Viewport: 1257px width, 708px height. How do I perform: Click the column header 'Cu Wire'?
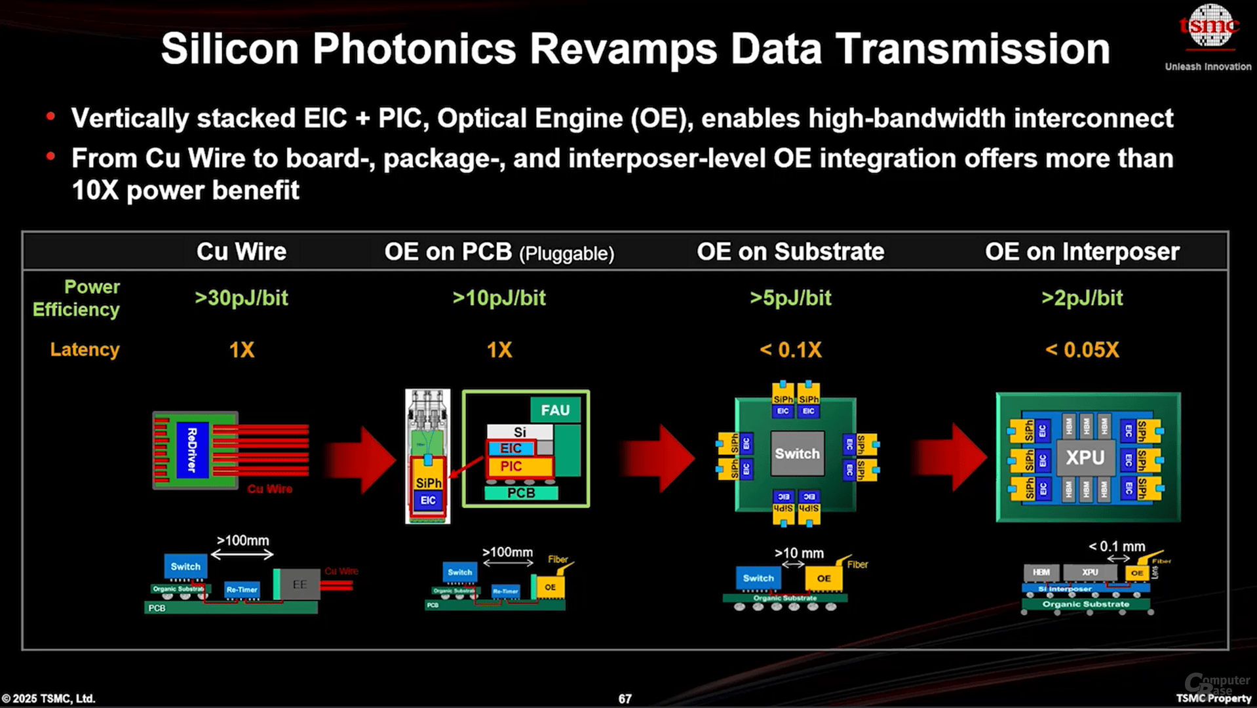(241, 252)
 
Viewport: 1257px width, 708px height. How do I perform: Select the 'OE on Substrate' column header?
(790, 252)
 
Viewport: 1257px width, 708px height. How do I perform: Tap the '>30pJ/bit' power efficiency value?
(241, 298)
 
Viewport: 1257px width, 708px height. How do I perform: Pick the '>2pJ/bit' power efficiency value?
(1081, 298)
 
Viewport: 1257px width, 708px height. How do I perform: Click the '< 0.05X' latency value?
(1081, 350)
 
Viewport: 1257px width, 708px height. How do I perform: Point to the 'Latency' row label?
(85, 350)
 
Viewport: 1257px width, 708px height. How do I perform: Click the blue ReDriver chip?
(193, 450)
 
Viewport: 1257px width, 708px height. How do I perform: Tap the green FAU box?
(555, 410)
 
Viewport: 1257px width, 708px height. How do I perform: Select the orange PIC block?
(512, 467)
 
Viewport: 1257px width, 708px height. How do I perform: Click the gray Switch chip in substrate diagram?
(797, 454)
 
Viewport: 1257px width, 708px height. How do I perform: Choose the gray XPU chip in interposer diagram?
(1085, 458)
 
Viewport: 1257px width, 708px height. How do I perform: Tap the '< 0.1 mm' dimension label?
(1117, 547)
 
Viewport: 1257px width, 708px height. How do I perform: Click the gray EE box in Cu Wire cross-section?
(300, 584)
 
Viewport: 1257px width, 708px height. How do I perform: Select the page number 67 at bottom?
(625, 699)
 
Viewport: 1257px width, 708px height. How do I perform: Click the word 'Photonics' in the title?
(414, 49)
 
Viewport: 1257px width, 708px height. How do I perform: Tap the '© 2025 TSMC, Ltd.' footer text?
(48, 699)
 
